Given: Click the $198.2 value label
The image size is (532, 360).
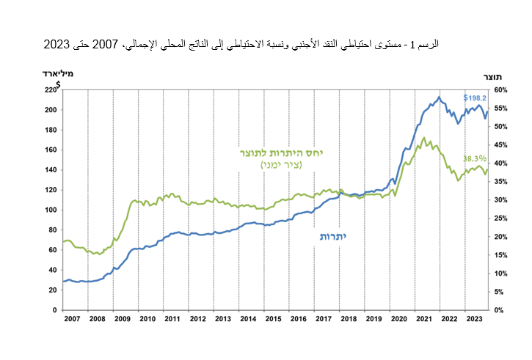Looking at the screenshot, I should pyautogui.click(x=475, y=98).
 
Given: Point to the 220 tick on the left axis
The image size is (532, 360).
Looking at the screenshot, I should pyautogui.click(x=50, y=90).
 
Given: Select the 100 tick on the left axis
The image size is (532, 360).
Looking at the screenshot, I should pyautogui.click(x=50, y=210).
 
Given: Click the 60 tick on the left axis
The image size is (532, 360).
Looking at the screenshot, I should pyautogui.click(x=52, y=250).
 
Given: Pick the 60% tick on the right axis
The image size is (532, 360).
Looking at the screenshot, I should pyautogui.click(x=501, y=90).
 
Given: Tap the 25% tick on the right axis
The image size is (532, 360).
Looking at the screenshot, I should pyautogui.click(x=501, y=218).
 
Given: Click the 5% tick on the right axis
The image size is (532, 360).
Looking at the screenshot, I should pyautogui.click(x=499, y=292).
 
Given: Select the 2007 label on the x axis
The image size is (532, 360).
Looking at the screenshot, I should pyautogui.click(x=71, y=319).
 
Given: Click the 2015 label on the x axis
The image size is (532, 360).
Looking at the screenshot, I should pyautogui.click(x=273, y=319).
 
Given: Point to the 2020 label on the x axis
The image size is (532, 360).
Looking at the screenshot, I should pyautogui.click(x=400, y=319).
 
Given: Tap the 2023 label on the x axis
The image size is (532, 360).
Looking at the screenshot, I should pyautogui.click(x=475, y=319).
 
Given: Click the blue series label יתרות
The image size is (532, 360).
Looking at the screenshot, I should pyautogui.click(x=332, y=237).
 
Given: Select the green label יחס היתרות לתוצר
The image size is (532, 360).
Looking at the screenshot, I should pyautogui.click(x=281, y=153).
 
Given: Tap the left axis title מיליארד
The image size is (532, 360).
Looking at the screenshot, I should pyautogui.click(x=58, y=73).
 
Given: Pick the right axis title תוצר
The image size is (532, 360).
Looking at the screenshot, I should pyautogui.click(x=492, y=77).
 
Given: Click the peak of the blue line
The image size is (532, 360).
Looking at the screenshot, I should pyautogui.click(x=439, y=97).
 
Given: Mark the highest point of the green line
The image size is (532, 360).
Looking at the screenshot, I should pyautogui.click(x=424, y=137).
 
